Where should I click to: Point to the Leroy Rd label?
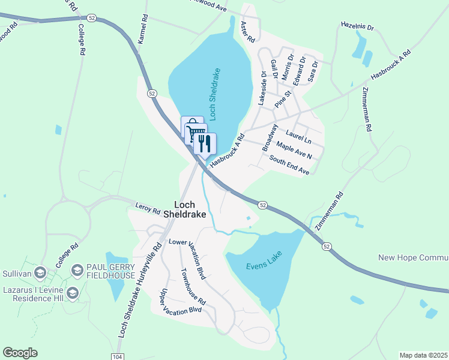coord(148,211)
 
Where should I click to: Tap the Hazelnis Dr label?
coord(357,28)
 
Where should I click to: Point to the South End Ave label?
coord(289,166)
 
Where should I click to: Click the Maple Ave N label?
coord(294,150)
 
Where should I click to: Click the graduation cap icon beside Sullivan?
coord(40,272)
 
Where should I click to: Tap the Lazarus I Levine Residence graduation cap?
coord(73,293)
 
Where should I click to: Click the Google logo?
coord(20,352)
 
